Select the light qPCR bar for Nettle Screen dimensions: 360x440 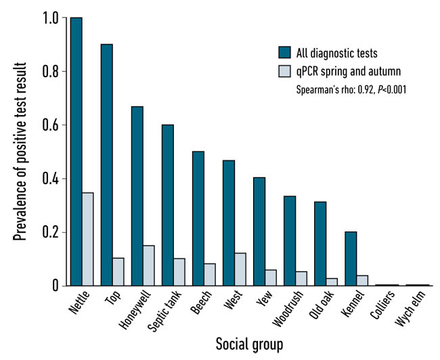pyautogui.click(x=87, y=240)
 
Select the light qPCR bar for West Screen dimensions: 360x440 pyautogui.click(x=240, y=269)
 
